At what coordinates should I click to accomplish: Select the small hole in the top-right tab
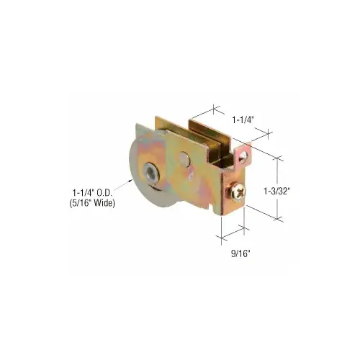pos(246,153)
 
